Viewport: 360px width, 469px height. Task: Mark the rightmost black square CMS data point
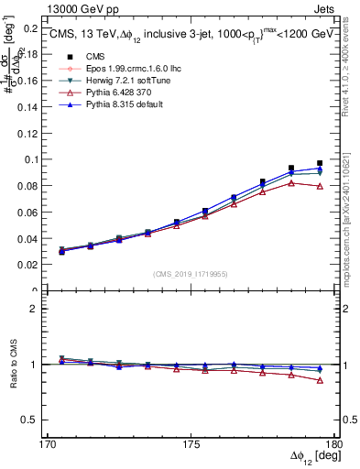point(320,163)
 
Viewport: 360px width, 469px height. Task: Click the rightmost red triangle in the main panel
point(320,186)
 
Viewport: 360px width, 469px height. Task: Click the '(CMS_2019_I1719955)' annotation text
point(191,273)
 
